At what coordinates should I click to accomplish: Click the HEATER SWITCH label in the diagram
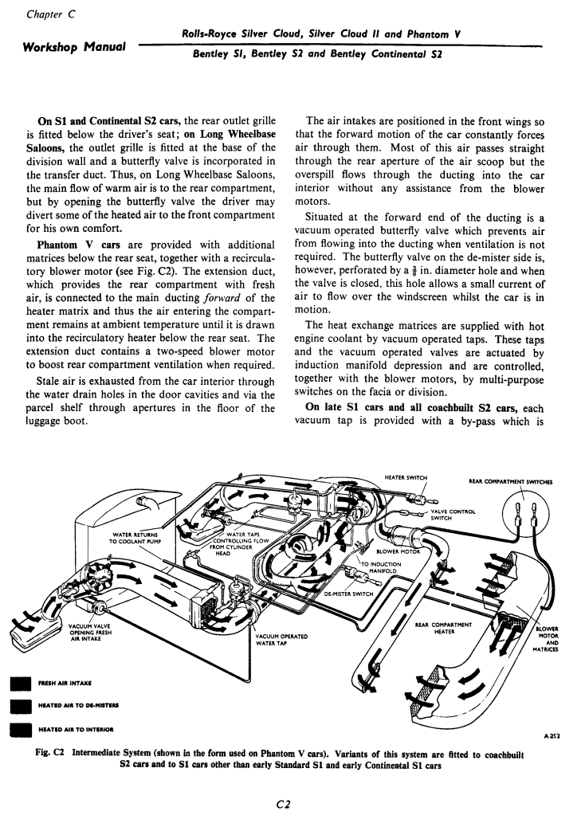tap(406, 477)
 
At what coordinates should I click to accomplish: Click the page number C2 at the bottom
tap(292, 806)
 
